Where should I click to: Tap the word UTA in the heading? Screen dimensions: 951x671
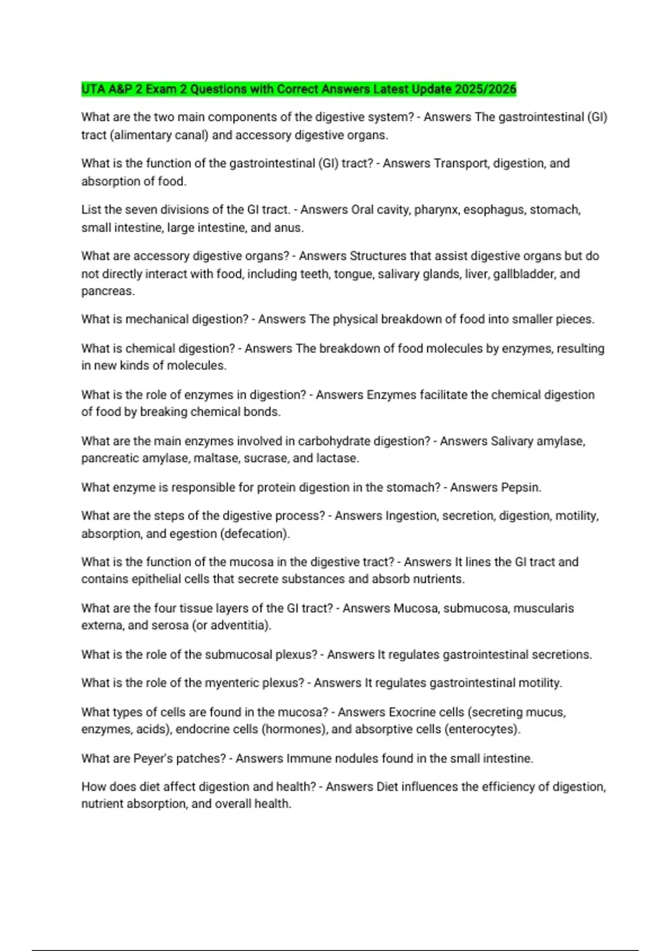(93, 89)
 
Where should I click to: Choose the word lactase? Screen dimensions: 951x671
(337, 458)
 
